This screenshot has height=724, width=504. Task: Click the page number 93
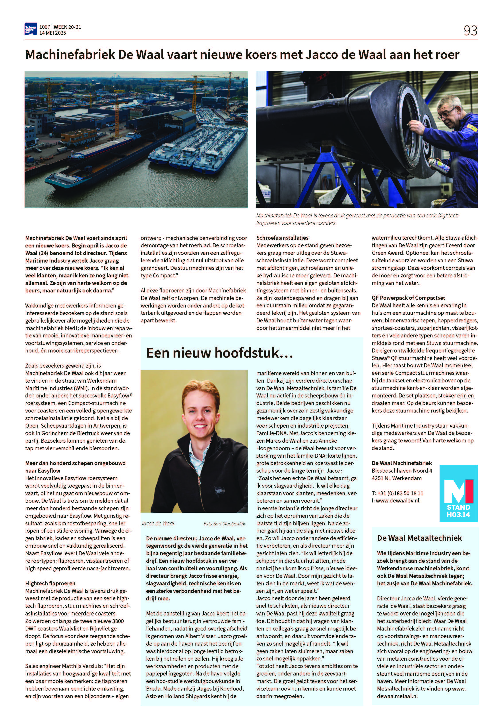point(470,31)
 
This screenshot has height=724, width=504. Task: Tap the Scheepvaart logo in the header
point(31,29)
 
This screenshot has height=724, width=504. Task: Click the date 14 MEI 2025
point(53,33)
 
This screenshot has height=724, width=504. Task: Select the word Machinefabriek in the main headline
point(70,55)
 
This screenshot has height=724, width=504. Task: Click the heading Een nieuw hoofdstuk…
point(220,352)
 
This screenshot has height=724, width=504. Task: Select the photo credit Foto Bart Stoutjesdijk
point(224,524)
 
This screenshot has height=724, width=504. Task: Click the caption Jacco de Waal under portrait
point(158,524)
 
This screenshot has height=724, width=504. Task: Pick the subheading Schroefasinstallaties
point(282,238)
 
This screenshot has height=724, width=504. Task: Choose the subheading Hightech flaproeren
point(50,583)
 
